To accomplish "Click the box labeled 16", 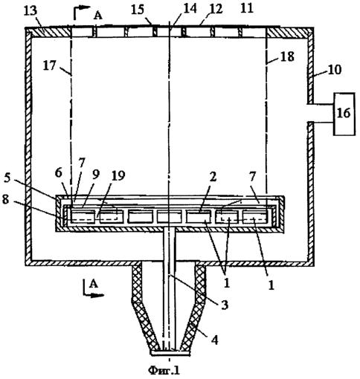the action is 344,114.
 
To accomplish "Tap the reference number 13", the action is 30,11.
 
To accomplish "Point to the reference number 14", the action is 189,9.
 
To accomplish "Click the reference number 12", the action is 215,9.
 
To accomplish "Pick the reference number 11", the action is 247,8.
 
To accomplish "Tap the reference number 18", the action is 287,56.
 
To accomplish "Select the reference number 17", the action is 50,66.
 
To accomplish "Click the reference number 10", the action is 335,70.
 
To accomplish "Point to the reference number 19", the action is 118,175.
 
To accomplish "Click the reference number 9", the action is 96,175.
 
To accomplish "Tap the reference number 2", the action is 213,177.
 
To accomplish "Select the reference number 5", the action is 7,179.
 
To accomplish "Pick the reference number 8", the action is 6,200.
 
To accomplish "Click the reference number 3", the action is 225,305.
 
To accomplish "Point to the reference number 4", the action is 215,340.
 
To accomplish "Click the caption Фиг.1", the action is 164,370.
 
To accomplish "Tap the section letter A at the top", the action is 98,16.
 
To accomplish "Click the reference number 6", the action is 59,173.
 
